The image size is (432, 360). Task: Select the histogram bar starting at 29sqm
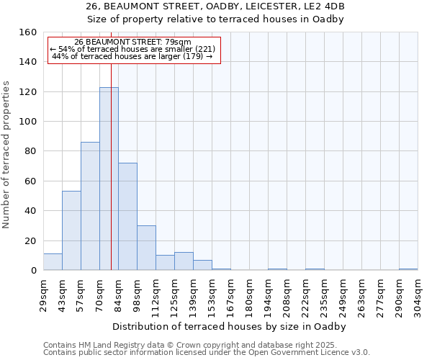tap(53, 262)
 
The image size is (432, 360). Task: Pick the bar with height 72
tap(127, 217)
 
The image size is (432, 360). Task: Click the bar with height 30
tap(146, 248)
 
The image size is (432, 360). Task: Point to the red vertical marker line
tap(111, 144)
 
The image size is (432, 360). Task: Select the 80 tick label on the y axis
tap(31, 151)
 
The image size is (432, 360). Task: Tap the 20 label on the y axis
tap(31, 240)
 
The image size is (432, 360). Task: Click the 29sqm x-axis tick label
tap(44, 295)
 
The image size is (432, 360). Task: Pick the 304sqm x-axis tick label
tap(418, 295)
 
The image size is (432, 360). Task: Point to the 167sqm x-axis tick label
tap(231, 295)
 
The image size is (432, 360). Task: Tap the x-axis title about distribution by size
tap(230, 326)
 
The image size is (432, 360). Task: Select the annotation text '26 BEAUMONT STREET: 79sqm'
tap(133, 42)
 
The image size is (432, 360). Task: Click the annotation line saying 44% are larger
tap(133, 56)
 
